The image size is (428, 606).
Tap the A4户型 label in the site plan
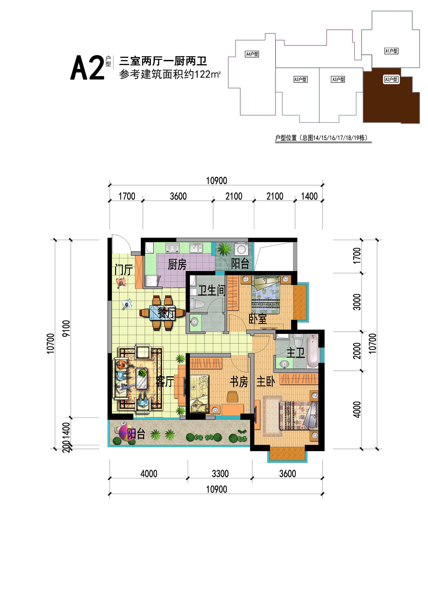(252, 54)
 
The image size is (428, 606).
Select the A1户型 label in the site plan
(391, 51)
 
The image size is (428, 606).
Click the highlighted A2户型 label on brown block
(391, 79)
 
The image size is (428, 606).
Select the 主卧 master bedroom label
(266, 382)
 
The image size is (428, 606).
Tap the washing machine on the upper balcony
(242, 248)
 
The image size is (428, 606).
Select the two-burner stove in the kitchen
(172, 248)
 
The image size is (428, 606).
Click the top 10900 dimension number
(217, 181)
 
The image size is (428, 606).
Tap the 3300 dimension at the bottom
(220, 474)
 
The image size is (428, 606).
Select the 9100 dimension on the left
(66, 329)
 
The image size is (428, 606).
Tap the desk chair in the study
(232, 397)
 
